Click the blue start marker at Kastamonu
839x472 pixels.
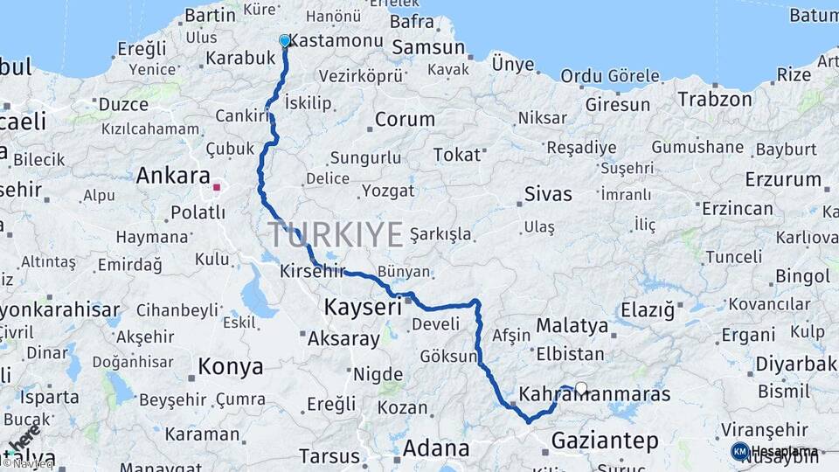(x=284, y=41)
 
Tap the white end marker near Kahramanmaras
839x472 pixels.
(x=581, y=388)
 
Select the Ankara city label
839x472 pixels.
(x=173, y=176)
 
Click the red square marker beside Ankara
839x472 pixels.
(x=217, y=186)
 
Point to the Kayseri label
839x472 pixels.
(x=363, y=308)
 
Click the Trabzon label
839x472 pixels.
(x=715, y=100)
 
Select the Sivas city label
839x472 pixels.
(x=548, y=194)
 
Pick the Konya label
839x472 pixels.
(x=231, y=366)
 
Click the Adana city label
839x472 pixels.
(x=436, y=449)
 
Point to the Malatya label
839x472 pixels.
(x=572, y=326)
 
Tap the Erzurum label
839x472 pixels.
(x=783, y=180)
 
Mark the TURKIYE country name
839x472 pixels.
(x=336, y=235)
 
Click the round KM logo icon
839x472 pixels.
(x=740, y=451)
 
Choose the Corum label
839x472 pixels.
(x=405, y=120)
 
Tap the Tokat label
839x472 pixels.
(x=457, y=156)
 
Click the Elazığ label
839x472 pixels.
(x=648, y=310)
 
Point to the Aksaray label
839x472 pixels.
(x=344, y=337)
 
